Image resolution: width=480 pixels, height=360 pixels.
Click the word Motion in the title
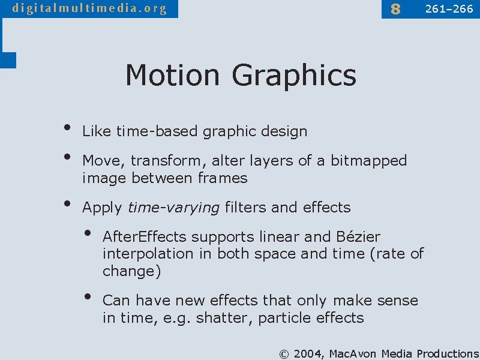[173, 76]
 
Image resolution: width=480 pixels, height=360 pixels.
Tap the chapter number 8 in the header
[395, 9]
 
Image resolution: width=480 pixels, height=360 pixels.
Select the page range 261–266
[449, 9]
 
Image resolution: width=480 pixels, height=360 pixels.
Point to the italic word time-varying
[173, 208]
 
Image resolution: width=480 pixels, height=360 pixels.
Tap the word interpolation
[148, 254]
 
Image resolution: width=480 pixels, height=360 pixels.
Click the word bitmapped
[368, 161]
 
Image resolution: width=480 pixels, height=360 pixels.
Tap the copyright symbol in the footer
[284, 353]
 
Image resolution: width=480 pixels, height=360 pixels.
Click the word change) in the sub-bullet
[131, 271]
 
